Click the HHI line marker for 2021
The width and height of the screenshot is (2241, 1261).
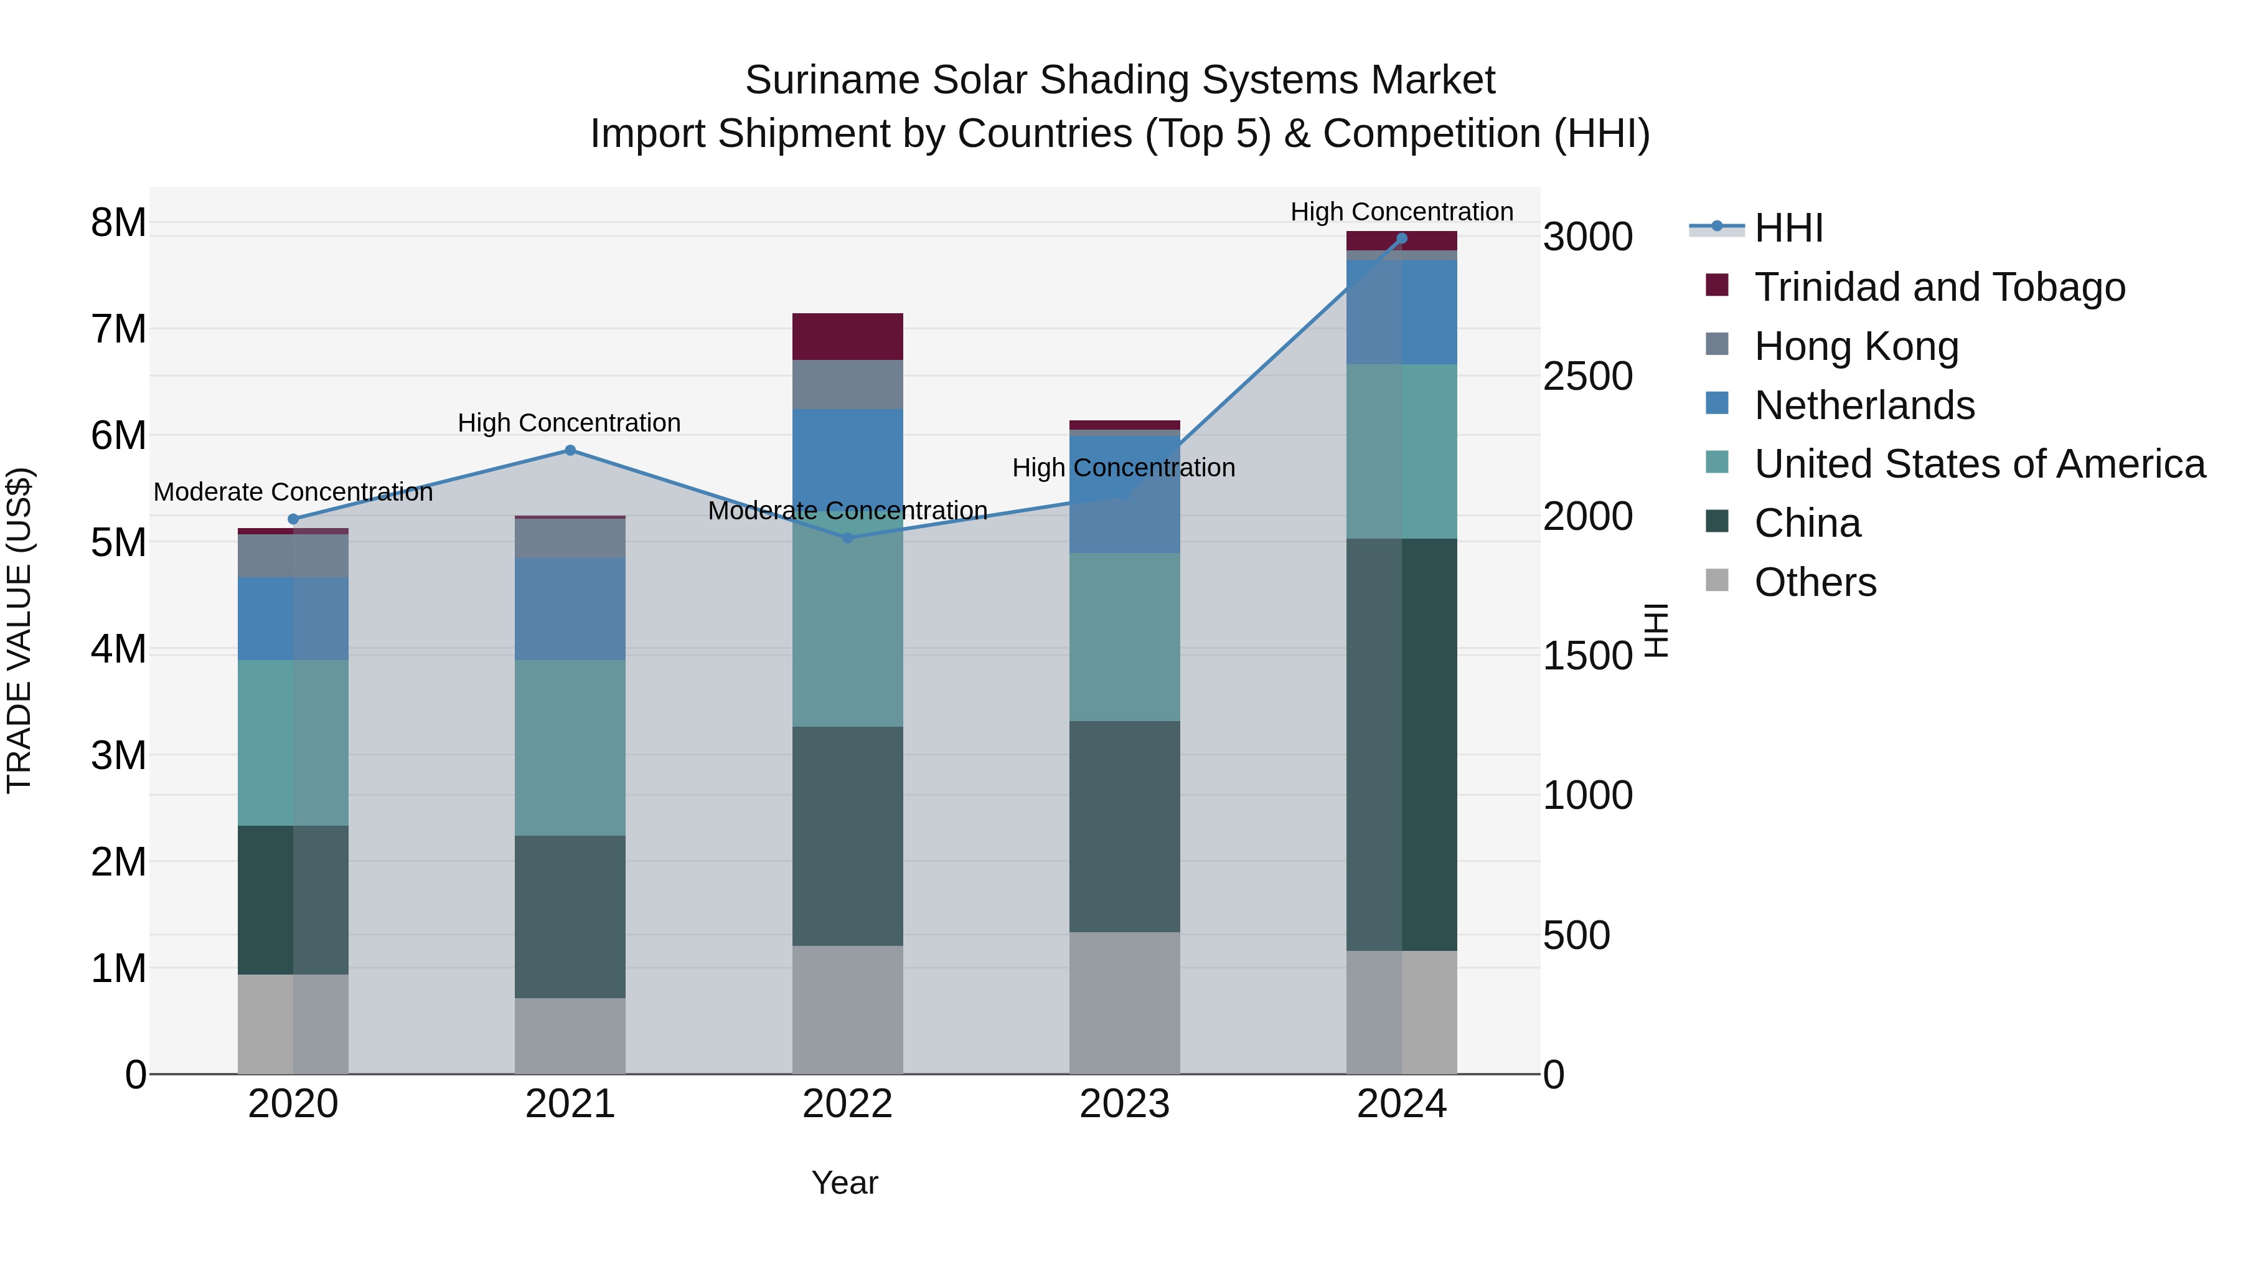tap(570, 450)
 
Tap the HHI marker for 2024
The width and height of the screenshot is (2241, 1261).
tap(1401, 239)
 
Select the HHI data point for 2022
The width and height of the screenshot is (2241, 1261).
tap(847, 538)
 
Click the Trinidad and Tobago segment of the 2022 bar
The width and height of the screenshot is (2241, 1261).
tap(847, 336)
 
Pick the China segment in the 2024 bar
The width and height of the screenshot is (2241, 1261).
tap(1401, 744)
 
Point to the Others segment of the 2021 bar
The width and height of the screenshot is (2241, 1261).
tap(570, 1036)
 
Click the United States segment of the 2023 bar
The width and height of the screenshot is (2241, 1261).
tap(1124, 637)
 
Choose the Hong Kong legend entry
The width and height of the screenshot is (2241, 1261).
tap(1856, 346)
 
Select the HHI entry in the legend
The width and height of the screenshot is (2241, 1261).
tap(1788, 228)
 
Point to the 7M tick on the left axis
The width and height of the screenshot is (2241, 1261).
tap(118, 330)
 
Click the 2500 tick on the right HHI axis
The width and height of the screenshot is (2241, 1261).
tap(1587, 377)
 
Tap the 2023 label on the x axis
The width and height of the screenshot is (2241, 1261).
tap(1124, 1104)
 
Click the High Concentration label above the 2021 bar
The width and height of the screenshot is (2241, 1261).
tap(569, 423)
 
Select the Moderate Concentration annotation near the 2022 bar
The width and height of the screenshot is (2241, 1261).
tap(847, 511)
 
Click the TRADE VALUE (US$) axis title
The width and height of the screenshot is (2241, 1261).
tap(19, 630)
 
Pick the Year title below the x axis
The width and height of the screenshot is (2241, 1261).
tap(844, 1183)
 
